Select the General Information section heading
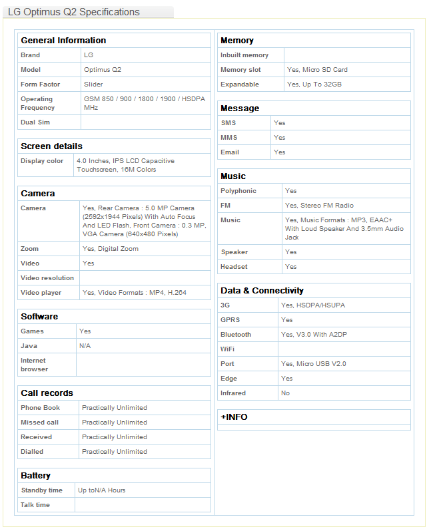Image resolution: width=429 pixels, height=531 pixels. tap(63, 41)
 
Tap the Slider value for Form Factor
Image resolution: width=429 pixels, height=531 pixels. tap(93, 85)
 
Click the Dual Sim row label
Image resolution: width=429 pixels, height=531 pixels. tap(35, 122)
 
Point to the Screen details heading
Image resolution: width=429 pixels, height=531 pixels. tap(51, 146)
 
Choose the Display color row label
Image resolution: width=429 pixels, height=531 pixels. tap(42, 161)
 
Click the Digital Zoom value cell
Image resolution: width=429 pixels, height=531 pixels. tap(111, 249)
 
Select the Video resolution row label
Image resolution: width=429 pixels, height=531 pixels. tap(47, 278)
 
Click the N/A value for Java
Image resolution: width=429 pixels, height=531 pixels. tap(85, 346)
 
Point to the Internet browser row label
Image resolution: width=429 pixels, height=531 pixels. tap(34, 365)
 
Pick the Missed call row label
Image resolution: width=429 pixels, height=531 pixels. tap(39, 423)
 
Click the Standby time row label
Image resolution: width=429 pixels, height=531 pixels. tap(41, 490)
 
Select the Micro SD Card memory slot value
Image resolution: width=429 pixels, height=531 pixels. tap(317, 70)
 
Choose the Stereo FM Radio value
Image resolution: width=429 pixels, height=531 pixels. tap(319, 206)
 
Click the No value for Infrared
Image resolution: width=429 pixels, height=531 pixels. tap(285, 393)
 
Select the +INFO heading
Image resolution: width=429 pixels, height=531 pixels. tap(234, 417)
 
